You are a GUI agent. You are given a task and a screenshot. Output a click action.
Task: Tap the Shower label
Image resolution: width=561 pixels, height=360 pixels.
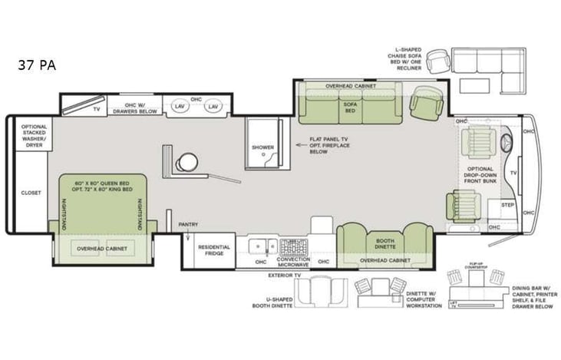[x=262, y=147]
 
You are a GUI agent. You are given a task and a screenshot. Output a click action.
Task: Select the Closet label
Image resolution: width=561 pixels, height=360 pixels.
[x=31, y=193]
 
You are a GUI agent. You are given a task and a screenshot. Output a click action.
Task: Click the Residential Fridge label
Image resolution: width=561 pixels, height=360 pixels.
[x=214, y=251]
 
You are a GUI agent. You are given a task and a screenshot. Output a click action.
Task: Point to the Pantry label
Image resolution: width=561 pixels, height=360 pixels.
[x=189, y=225]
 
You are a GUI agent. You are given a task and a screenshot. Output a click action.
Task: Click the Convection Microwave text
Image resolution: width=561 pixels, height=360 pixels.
[x=293, y=263]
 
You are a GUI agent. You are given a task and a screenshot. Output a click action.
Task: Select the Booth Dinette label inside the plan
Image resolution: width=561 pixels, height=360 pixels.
[x=384, y=243]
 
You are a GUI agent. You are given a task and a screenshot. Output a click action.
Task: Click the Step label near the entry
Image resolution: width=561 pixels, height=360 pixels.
[x=507, y=206]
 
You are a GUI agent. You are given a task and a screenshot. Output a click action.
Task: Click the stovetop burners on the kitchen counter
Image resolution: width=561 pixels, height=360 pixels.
[x=293, y=247]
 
